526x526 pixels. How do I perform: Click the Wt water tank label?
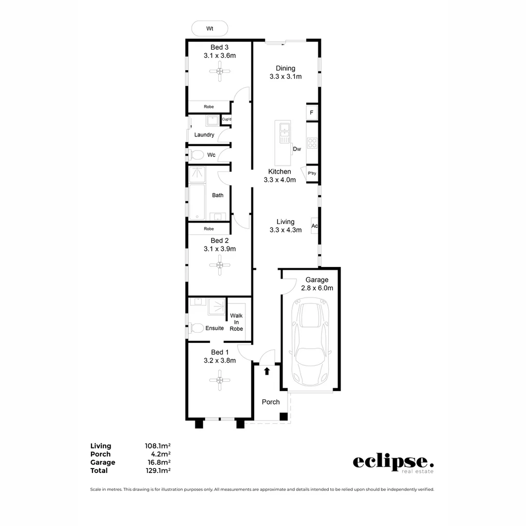tap(210, 29)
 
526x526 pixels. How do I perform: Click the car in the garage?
tap(310, 343)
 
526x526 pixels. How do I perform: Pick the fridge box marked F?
tap(312, 113)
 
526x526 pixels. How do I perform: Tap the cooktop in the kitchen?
tap(312, 143)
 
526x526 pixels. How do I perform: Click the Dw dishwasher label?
tap(297, 149)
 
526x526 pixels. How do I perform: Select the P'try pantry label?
tap(312, 173)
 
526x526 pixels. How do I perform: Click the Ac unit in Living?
tap(315, 226)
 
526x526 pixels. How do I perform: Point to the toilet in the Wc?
tap(196, 155)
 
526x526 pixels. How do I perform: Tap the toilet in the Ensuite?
tap(196, 328)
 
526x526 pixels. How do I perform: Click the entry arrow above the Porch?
tap(267, 372)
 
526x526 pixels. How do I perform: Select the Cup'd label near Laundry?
tap(226, 119)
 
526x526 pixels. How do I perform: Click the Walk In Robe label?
tap(237, 322)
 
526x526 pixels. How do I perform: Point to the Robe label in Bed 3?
tap(209, 107)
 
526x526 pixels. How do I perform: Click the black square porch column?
tap(283, 416)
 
